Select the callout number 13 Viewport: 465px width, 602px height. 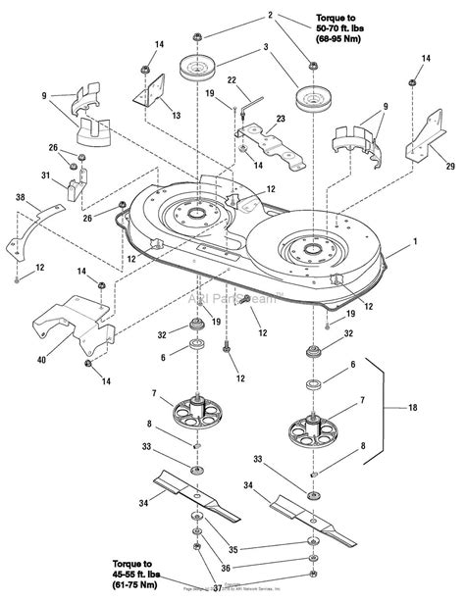(176, 115)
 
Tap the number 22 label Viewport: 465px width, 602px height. (232, 80)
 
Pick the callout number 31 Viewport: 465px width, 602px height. (45, 176)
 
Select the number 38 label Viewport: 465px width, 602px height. (20, 196)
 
